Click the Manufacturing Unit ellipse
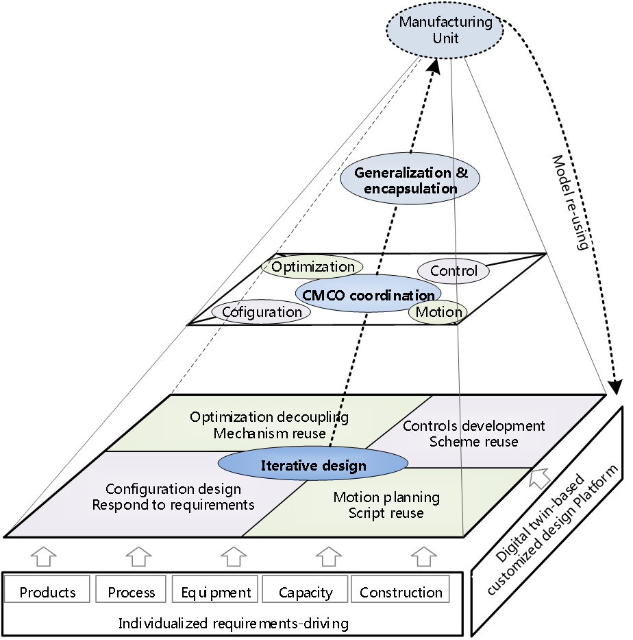445,29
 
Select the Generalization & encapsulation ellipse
410,180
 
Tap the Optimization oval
313,267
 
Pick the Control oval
454,271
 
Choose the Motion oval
439,312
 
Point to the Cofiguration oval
261,312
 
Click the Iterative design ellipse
313,466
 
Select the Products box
47,591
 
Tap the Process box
132,591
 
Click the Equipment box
216,591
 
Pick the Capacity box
306,591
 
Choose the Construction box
401,591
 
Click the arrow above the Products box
43,555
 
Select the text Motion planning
386,497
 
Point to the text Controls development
474,426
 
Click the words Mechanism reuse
269,433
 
